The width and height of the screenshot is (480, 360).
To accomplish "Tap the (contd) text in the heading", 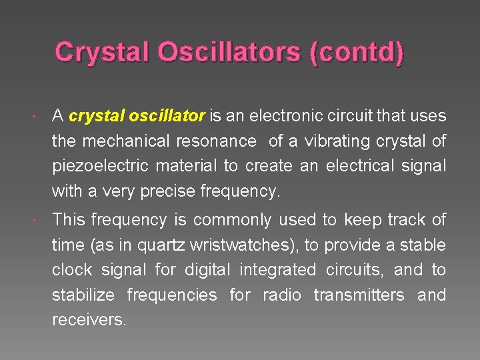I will coord(356,53).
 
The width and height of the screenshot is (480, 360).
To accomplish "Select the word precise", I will coord(166,192).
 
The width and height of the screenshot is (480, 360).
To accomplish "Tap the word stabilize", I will coord(84,295).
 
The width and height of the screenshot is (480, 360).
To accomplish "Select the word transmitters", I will coord(359,295).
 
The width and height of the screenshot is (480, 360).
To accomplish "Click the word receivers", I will coord(89,320).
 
